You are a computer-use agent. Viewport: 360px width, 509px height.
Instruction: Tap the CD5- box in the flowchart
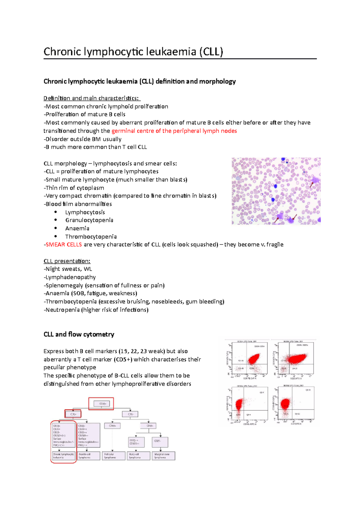(130, 414)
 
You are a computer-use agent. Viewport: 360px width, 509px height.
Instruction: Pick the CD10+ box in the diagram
(112, 426)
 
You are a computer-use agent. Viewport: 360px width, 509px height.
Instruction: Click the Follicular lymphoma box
(113, 456)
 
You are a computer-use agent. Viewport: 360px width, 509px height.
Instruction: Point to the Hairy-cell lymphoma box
(138, 456)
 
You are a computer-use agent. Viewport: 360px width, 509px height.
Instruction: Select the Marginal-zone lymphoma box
(163, 456)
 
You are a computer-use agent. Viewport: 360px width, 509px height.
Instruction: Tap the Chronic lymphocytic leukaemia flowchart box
(64, 456)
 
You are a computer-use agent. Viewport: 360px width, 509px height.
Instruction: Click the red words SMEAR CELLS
(64, 245)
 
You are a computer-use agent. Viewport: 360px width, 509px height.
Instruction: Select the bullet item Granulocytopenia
(89, 220)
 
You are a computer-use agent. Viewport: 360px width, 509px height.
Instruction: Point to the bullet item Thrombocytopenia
(91, 237)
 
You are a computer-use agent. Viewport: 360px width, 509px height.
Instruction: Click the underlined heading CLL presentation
(67, 261)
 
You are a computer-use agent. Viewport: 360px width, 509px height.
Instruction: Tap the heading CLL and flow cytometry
(79, 335)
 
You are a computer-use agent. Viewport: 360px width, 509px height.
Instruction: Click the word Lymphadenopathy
(70, 277)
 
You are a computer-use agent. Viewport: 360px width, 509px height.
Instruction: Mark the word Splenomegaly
(64, 285)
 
